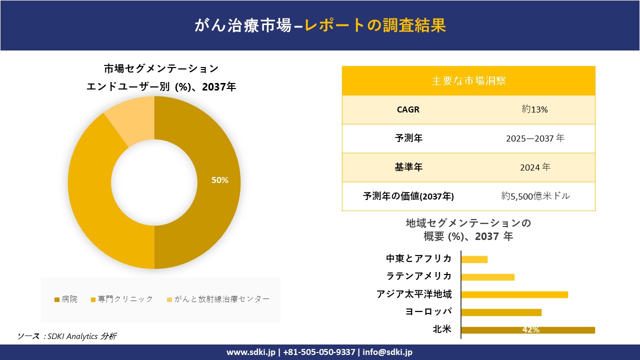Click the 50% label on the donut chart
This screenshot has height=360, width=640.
tap(220, 180)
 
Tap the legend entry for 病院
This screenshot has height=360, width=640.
tap(66, 299)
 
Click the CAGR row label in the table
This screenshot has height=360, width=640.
tap(408, 109)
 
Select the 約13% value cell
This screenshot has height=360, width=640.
tap(534, 109)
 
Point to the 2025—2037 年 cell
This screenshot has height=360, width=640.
tap(535, 138)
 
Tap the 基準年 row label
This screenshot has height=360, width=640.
tap(408, 167)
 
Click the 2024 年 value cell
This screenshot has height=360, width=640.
tap(535, 167)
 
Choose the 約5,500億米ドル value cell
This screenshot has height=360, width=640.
tap(535, 196)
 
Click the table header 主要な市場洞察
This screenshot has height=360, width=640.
tap(468, 80)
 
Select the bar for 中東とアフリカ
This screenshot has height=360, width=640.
tap(474, 259)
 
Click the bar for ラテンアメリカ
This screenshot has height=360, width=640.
tap(487, 277)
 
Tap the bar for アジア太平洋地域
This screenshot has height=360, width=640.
tap(514, 294)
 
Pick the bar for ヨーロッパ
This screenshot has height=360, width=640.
tap(501, 312)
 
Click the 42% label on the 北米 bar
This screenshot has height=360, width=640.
tap(530, 330)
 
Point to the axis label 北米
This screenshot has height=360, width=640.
tap(442, 329)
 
